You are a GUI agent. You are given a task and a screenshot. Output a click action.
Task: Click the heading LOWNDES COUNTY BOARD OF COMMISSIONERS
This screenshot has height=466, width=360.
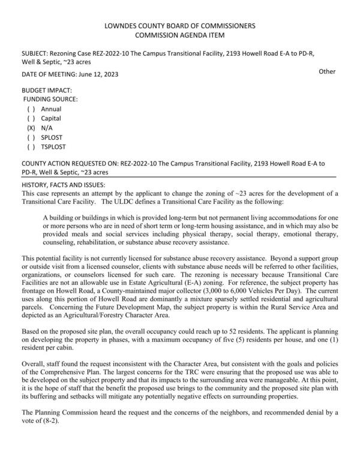[180, 26]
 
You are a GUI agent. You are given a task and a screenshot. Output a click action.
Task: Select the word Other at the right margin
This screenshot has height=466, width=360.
[327, 71]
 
